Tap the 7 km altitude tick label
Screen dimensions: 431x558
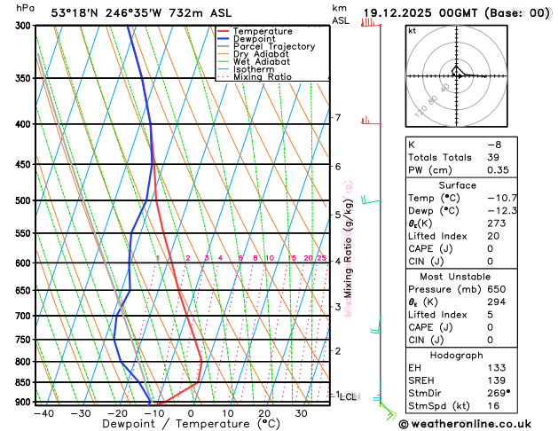(338, 118)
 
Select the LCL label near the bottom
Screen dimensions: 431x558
(349, 396)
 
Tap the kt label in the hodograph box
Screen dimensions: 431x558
(413, 30)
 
